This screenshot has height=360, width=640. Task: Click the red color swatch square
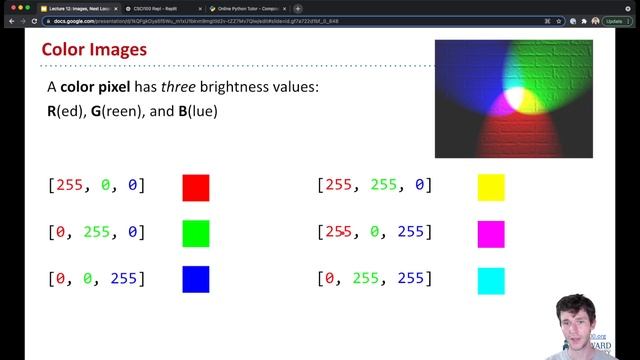coord(196,187)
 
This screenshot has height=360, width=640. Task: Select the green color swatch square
coord(196,233)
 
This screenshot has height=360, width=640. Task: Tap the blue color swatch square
coord(196,279)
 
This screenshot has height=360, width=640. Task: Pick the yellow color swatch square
coord(491,187)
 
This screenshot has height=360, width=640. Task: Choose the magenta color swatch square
coord(491,233)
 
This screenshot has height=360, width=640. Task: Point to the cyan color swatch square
coord(491,279)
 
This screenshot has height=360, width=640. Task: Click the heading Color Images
coord(94,49)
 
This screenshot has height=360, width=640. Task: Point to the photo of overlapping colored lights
coord(513,98)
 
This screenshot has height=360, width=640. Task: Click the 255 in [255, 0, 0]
coord(70,185)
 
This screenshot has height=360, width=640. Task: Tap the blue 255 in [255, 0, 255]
coord(412,232)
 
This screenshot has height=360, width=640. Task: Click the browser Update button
coord(614,20)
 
